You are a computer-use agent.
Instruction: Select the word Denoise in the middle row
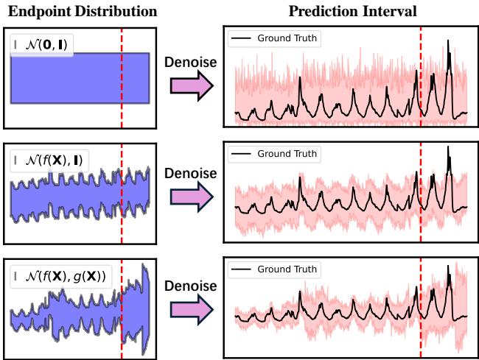pyautogui.click(x=190, y=174)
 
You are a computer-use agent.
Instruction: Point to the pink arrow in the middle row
pyautogui.click(x=190, y=198)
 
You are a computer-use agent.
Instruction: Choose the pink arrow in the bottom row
pyautogui.click(x=190, y=311)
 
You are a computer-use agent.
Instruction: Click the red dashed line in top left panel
pyautogui.click(x=122, y=88)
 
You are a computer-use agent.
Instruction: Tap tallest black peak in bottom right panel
pyautogui.click(x=449, y=270)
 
